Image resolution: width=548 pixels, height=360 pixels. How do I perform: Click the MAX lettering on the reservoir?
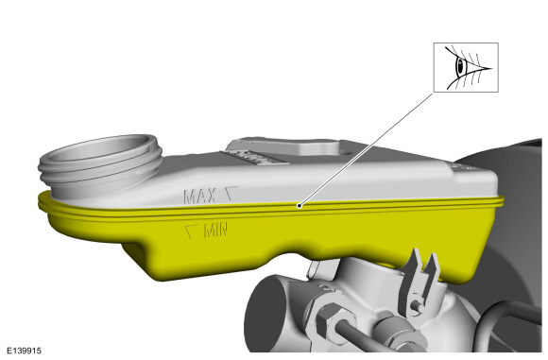click(x=200, y=197)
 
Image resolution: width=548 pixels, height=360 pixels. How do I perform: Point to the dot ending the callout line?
click(x=299, y=203)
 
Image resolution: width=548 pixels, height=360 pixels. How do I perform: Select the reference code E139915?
click(x=25, y=351)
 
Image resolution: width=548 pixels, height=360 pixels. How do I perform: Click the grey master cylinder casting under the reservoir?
click(x=359, y=293)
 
